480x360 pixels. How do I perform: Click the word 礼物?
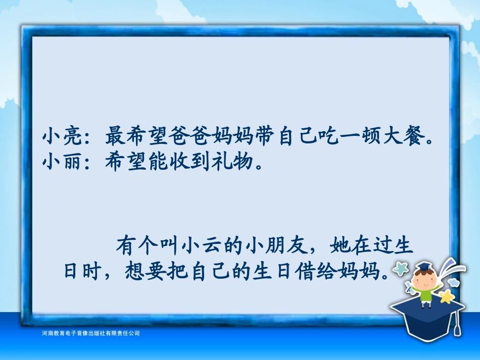click(x=234, y=162)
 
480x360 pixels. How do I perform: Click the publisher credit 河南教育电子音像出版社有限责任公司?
click(x=90, y=333)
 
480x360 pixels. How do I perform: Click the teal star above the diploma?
click(x=401, y=269)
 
